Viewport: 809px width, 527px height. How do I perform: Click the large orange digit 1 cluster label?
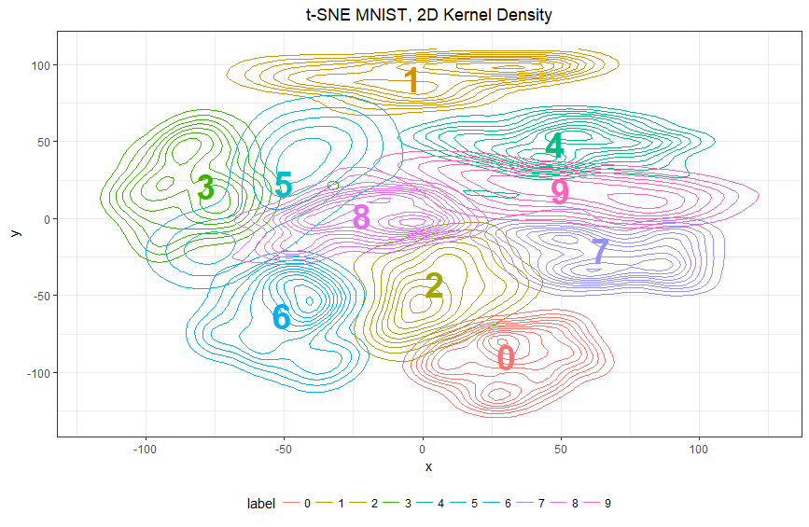[411, 81]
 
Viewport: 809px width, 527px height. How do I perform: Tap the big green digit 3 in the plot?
[206, 188]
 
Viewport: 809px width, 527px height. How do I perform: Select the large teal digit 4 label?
[555, 146]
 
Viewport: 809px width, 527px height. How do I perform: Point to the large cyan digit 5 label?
[284, 185]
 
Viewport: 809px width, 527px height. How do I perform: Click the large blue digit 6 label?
[281, 317]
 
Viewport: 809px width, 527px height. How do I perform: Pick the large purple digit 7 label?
[600, 252]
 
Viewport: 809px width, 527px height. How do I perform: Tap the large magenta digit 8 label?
[361, 217]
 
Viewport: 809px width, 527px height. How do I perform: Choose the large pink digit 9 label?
[560, 191]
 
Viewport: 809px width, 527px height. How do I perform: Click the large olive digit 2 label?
[433, 285]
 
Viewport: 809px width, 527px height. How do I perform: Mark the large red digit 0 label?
[505, 358]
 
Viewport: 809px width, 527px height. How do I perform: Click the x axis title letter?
[428, 466]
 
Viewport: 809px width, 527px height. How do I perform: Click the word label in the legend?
[261, 504]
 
